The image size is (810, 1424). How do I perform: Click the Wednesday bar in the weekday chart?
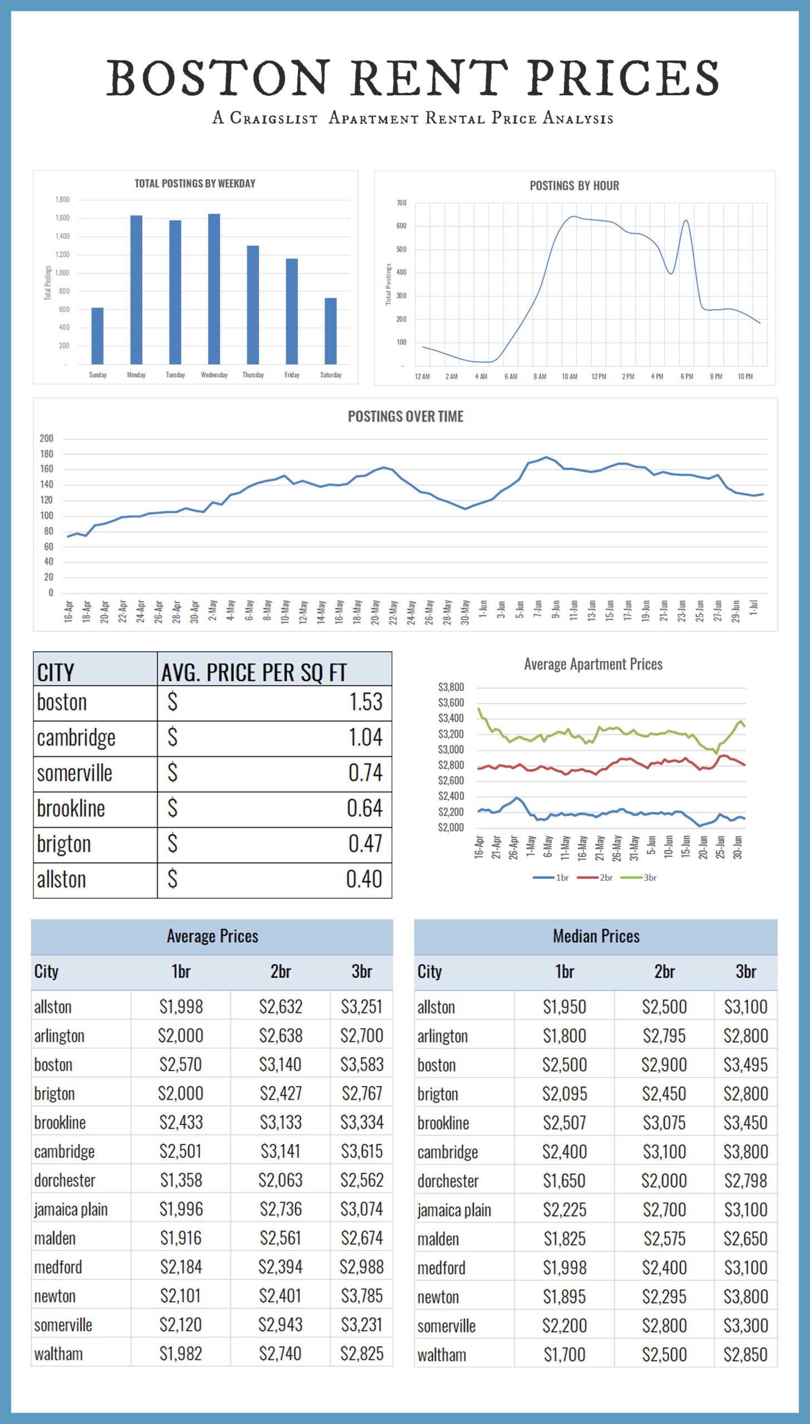coord(214,289)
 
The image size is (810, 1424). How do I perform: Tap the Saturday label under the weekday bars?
coord(331,375)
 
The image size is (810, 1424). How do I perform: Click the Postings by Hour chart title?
coord(574,186)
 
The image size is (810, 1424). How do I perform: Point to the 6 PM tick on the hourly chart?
coord(686,377)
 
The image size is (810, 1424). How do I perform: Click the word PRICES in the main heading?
coord(623,78)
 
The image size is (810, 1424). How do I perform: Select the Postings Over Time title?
coord(405,417)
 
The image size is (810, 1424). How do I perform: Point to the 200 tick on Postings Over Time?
coord(46,438)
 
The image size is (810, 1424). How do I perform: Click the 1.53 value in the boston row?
coord(365,702)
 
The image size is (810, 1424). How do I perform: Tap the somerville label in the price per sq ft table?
coord(75,773)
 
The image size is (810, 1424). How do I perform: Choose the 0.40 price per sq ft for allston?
coord(364,879)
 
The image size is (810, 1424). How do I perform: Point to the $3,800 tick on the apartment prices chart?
coord(451,687)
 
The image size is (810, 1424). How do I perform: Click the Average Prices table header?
coord(212,936)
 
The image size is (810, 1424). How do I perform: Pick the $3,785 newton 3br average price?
coord(362,1296)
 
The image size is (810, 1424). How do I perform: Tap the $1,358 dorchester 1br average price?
coord(181,1180)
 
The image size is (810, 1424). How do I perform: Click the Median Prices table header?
coord(596,936)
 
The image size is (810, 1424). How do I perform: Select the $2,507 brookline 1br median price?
coord(564,1123)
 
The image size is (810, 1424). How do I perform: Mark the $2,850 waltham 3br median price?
coord(745,1354)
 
